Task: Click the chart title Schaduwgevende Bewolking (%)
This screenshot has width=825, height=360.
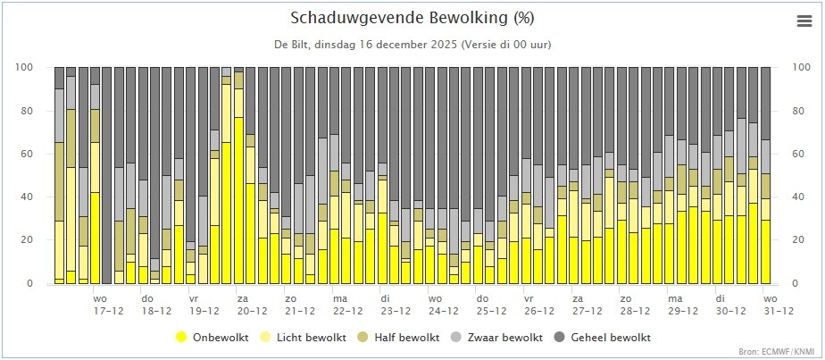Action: click(x=412, y=18)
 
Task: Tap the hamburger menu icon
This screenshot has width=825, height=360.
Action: click(x=804, y=21)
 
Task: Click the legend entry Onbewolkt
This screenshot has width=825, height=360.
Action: click(x=212, y=337)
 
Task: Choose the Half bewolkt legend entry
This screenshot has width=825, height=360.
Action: click(x=400, y=337)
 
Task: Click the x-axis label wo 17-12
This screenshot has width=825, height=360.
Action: click(x=109, y=305)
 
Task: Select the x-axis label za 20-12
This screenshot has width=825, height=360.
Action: click(x=252, y=305)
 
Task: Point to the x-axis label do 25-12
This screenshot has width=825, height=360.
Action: click(x=491, y=305)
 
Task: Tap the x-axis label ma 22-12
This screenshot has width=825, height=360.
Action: click(x=348, y=305)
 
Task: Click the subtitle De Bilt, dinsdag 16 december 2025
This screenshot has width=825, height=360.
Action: click(x=366, y=45)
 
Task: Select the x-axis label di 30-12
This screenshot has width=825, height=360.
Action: click(x=730, y=305)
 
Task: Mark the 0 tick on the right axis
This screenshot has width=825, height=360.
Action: click(x=794, y=284)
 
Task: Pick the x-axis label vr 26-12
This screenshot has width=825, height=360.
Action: click(x=538, y=305)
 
